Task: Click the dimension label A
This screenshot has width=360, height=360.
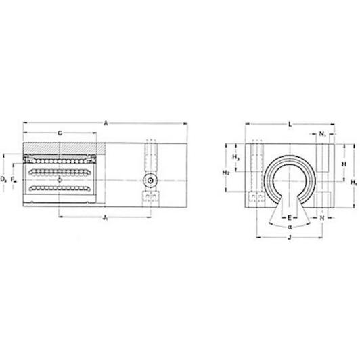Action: (106, 124)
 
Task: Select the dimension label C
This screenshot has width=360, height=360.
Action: (60, 133)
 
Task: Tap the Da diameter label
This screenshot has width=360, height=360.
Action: (3, 179)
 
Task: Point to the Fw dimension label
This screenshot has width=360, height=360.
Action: (14, 179)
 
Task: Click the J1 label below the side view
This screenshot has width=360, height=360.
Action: (105, 217)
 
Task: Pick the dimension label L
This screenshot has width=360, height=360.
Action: (290, 125)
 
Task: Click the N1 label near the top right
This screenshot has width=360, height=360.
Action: (323, 134)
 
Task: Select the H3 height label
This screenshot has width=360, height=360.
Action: (235, 158)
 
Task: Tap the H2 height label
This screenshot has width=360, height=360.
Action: (226, 173)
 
